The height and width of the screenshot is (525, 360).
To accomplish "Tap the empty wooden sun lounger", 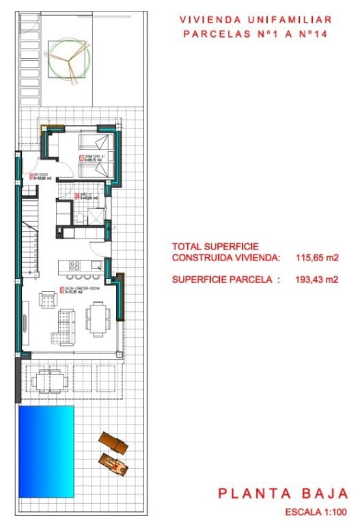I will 113,444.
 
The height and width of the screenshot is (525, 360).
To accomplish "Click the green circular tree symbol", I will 68,59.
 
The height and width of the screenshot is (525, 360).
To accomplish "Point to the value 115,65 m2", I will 318,258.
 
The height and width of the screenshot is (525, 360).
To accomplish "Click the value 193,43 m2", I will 318,279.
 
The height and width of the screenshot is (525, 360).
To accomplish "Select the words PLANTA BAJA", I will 283,494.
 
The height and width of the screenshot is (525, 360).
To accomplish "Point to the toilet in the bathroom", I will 81,217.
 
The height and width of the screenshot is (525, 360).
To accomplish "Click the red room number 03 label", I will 81,159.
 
